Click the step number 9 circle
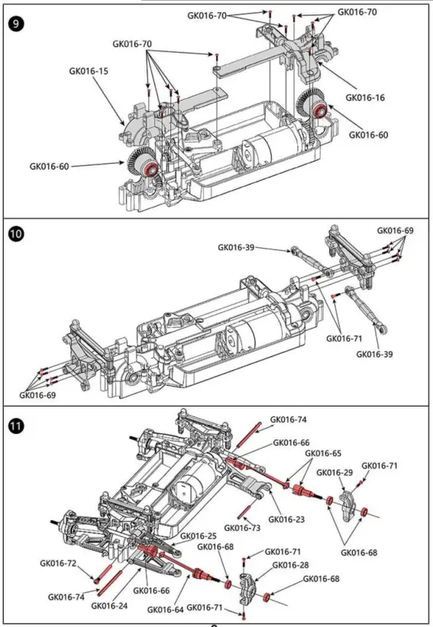coord(16,24)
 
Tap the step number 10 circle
coord(16,234)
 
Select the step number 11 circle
coord(16,426)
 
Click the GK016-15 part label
coord(89,71)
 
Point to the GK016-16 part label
coord(365,98)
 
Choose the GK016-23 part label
coord(286,519)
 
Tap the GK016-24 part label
coord(109,606)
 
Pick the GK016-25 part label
coord(198,535)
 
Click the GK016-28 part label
coord(290,565)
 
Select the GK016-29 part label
coord(334,473)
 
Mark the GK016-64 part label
coord(165,609)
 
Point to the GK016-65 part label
coord(323,453)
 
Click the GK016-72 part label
coord(58,564)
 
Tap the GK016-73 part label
coord(242,528)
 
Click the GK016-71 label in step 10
coord(344,339)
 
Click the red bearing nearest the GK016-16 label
coord(319,111)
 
